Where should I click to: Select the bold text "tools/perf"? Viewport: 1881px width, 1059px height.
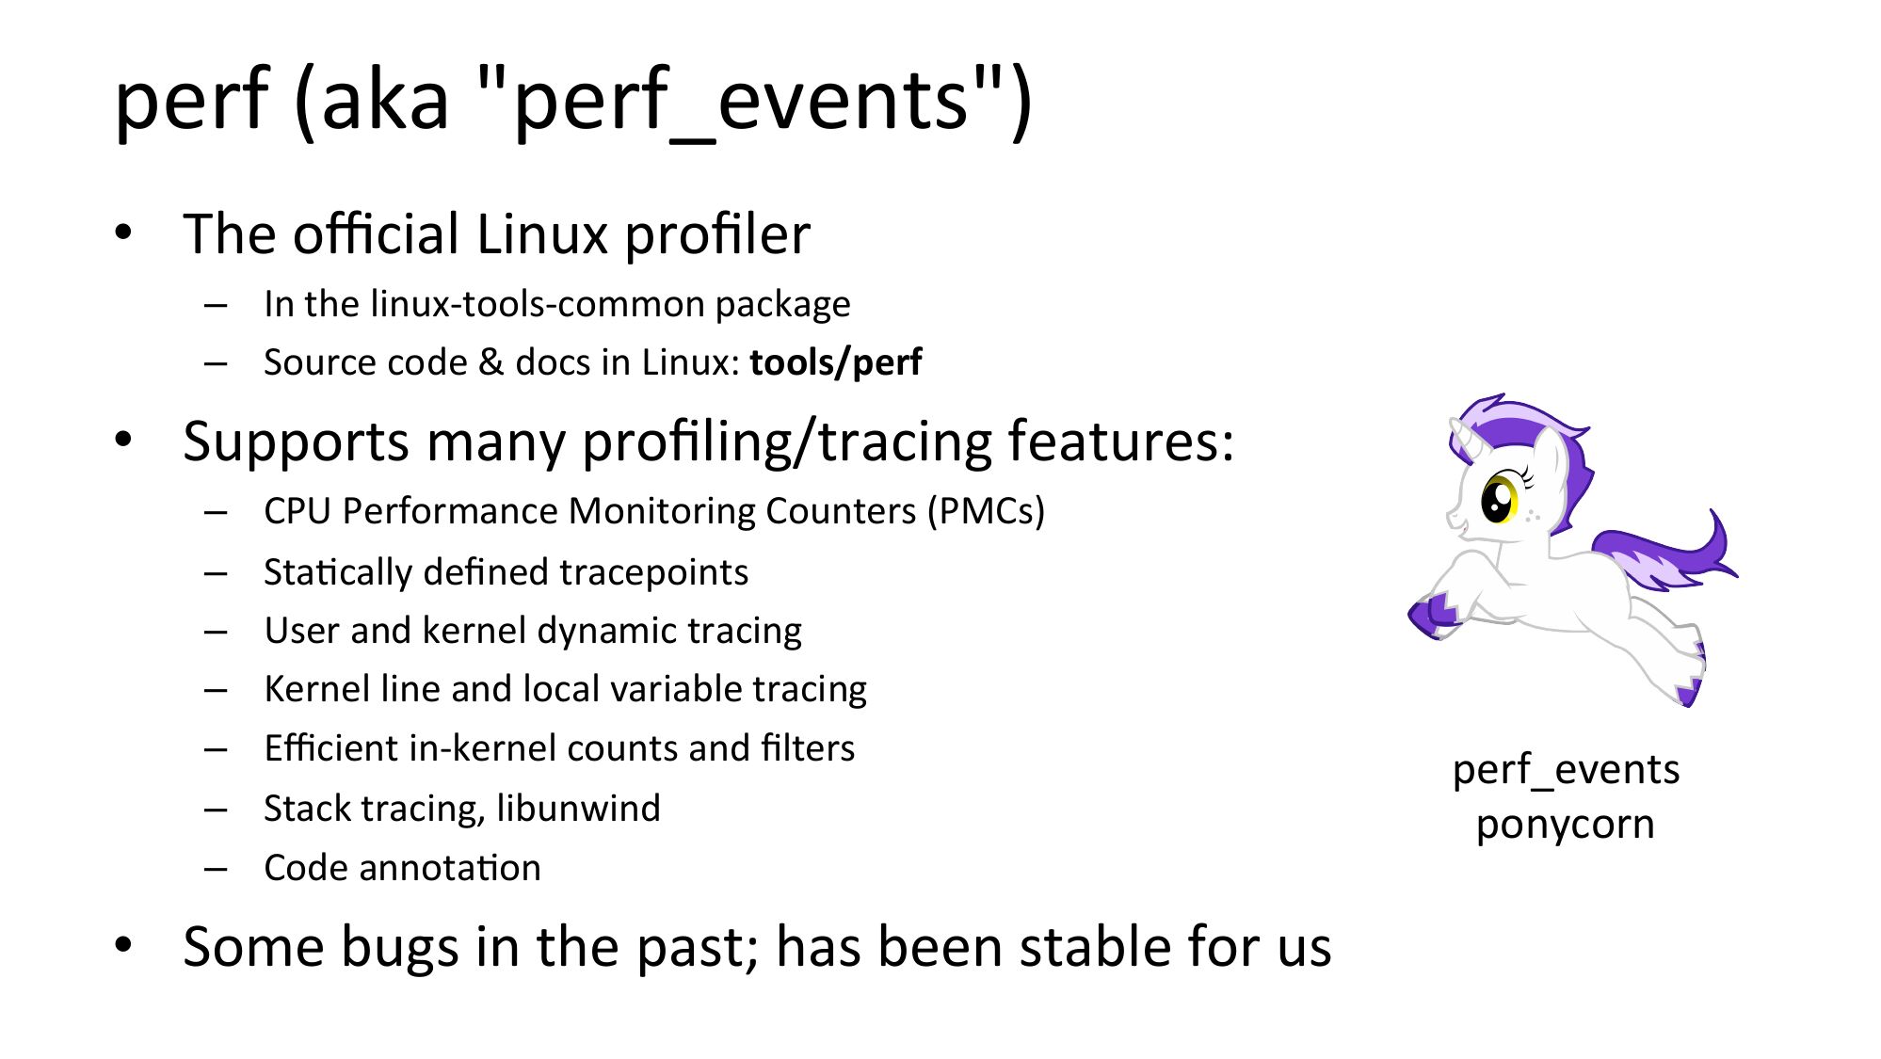point(836,362)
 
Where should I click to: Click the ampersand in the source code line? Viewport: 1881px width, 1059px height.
point(491,362)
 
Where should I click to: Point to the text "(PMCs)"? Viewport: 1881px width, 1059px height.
point(986,511)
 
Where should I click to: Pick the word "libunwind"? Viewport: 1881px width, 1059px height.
point(579,808)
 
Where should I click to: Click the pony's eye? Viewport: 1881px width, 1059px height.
point(1499,499)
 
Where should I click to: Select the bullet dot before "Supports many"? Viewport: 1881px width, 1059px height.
point(123,441)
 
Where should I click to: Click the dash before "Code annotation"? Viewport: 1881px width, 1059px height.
point(216,868)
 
